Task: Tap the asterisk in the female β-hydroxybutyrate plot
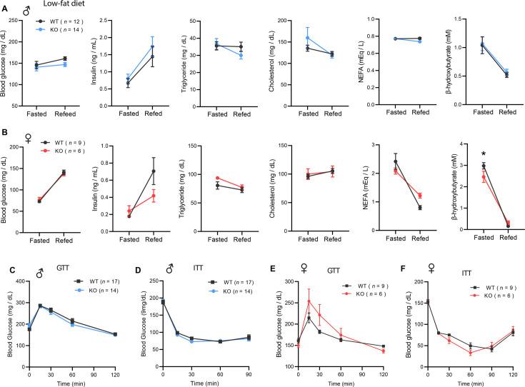[x=484, y=155]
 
